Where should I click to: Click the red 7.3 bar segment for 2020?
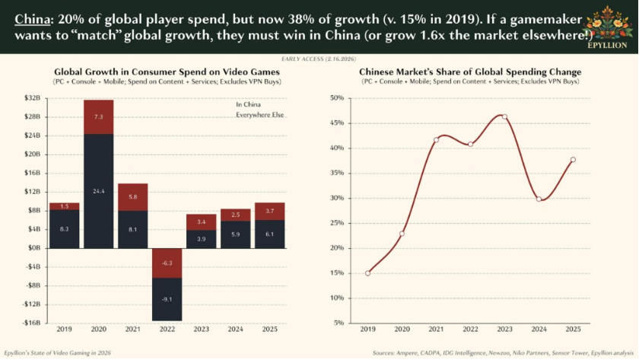pyautogui.click(x=98, y=117)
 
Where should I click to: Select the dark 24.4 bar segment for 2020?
pyautogui.click(x=98, y=190)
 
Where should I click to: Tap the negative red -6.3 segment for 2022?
pyautogui.click(x=166, y=263)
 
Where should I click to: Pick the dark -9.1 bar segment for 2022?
pyautogui.click(x=166, y=299)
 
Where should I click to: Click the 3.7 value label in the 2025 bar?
pyautogui.click(x=269, y=211)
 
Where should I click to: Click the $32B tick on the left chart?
pyautogui.click(x=32, y=98)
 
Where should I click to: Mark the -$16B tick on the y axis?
pyautogui.click(x=32, y=323)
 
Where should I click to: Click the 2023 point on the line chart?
pyautogui.click(x=504, y=117)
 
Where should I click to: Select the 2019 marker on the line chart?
pyautogui.click(x=367, y=273)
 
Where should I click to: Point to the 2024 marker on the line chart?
pyautogui.click(x=539, y=199)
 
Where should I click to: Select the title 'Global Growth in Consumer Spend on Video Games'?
pyautogui.click(x=167, y=72)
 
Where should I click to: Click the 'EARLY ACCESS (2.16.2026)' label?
pyautogui.click(x=319, y=59)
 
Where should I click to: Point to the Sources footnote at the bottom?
pyautogui.click(x=502, y=352)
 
